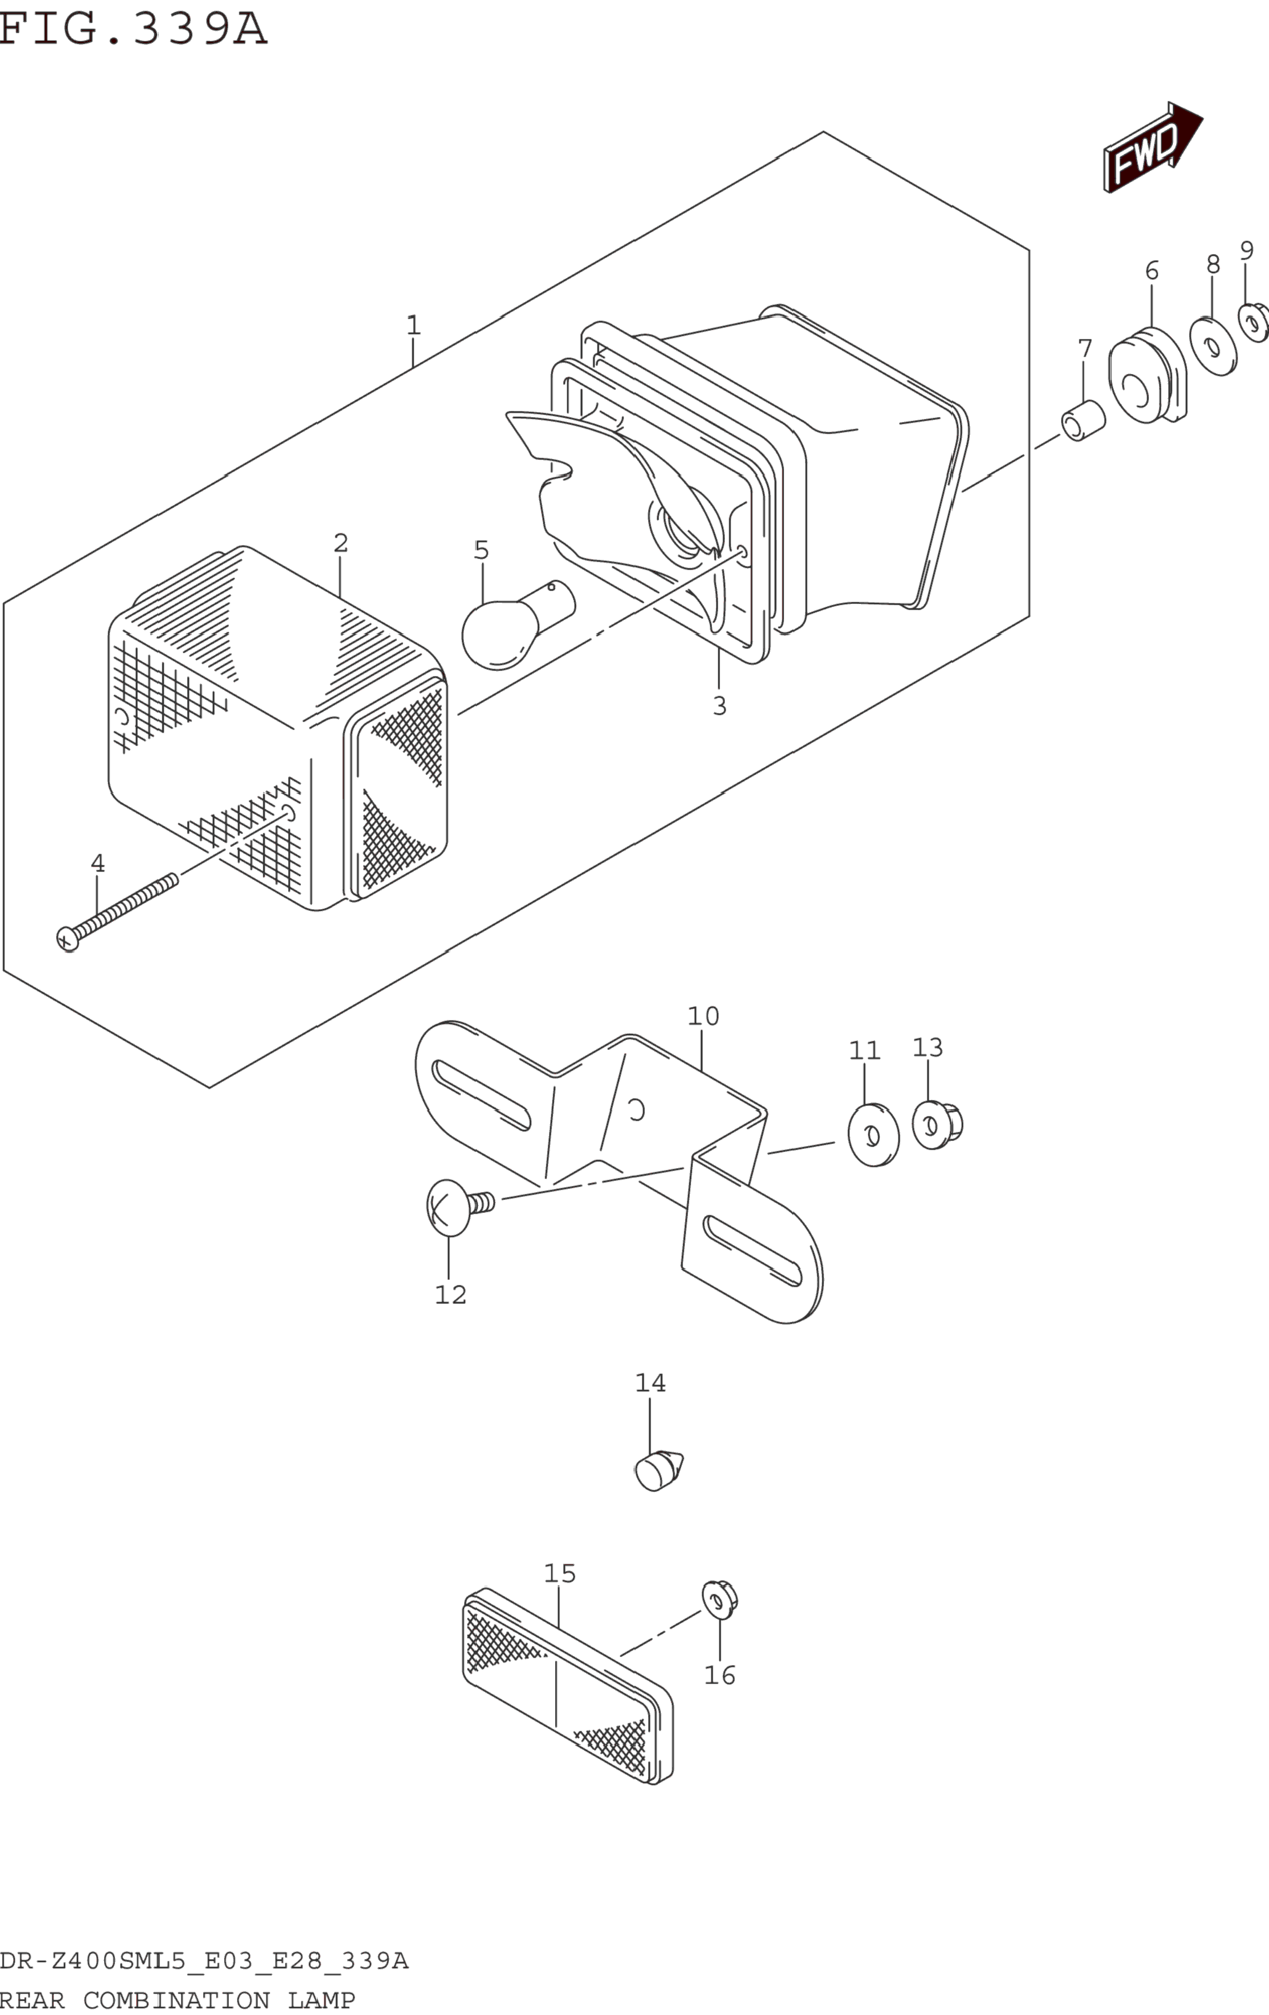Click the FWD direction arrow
pos(1153,146)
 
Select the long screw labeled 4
pos(117,913)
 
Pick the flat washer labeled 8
pos(1213,346)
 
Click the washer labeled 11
pos(873,1135)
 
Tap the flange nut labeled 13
pos(937,1124)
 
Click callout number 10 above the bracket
pos(703,1016)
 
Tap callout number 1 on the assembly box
pos(414,325)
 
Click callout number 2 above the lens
pos(341,543)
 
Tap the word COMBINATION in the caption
pos(177,2000)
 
